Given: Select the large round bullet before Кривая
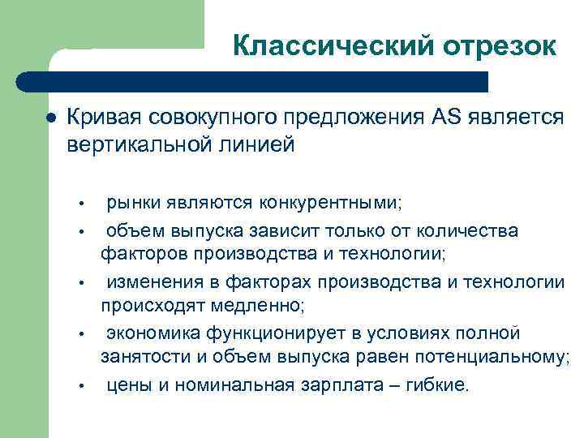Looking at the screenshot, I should pyautogui.click(x=51, y=118).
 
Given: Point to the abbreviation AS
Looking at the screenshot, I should pyautogui.click(x=444, y=118).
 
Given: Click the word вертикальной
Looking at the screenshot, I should pyautogui.click(x=133, y=145).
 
